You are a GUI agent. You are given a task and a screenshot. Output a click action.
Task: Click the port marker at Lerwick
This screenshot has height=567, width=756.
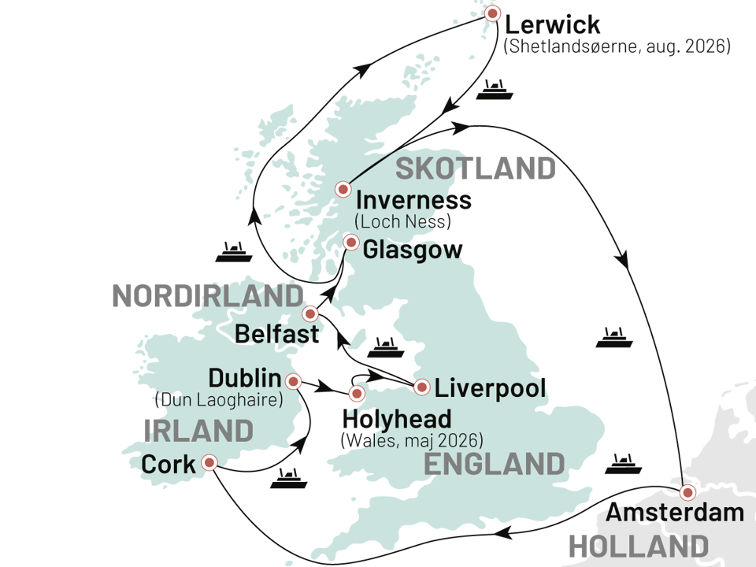tap(493, 13)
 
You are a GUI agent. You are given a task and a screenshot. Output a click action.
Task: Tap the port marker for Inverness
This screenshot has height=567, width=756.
tap(343, 189)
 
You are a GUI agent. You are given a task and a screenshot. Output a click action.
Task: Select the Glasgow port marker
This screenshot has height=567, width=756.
tap(351, 242)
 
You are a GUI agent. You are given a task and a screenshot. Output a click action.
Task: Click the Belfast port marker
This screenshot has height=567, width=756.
tap(310, 313)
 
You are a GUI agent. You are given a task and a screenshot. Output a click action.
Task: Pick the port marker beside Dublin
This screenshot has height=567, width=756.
tap(294, 381)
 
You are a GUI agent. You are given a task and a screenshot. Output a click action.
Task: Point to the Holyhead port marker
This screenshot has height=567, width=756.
tap(357, 393)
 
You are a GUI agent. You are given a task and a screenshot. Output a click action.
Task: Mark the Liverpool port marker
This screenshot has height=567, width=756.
tap(422, 387)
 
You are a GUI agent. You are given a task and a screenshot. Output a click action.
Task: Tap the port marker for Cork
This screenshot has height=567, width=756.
tap(209, 462)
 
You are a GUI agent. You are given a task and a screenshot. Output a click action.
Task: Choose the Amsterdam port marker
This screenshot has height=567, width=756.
tap(687, 493)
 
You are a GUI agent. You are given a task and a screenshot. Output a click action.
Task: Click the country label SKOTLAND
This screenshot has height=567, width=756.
tap(476, 169)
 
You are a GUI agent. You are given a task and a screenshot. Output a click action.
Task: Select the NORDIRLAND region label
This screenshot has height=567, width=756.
tap(207, 296)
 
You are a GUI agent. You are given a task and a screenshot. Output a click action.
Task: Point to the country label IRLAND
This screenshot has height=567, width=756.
tap(198, 431)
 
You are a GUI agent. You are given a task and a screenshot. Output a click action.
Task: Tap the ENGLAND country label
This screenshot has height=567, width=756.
tap(494, 464)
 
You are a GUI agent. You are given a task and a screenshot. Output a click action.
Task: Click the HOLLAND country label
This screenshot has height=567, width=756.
tap(638, 546)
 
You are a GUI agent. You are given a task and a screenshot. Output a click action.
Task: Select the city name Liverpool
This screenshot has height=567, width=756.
tap(491, 387)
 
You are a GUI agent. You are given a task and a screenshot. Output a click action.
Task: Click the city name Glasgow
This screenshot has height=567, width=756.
tap(413, 250)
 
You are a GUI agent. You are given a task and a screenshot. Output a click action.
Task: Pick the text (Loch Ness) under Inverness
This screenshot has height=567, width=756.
tap(402, 221)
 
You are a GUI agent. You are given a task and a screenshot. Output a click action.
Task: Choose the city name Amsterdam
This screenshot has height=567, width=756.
tap(675, 513)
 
